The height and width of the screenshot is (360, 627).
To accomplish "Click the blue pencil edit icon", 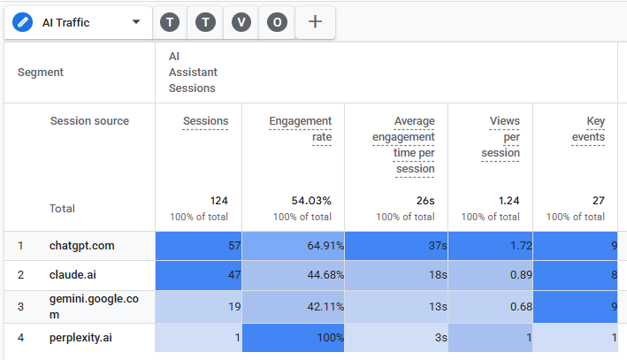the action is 22,22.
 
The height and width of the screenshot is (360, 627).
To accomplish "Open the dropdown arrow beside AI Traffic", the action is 136,21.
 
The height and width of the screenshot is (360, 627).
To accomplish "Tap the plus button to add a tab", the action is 315,21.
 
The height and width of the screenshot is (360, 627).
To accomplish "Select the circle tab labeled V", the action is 241,22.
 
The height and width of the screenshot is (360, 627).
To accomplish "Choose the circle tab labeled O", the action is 277,22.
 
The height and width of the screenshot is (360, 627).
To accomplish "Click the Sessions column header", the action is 205,121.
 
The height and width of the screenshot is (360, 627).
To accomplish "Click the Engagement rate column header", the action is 301,129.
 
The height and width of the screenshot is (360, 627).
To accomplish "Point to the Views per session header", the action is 501,137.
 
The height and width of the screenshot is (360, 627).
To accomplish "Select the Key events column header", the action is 588,129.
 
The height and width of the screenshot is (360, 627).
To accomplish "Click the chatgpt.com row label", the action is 82,246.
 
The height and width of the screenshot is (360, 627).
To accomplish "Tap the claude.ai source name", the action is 73,275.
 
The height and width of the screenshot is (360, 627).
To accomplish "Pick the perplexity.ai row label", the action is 80,338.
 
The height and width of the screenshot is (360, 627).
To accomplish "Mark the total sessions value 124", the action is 219,201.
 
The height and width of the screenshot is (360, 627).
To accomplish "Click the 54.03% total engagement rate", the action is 311,201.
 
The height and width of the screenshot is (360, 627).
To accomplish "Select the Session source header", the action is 89,121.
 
